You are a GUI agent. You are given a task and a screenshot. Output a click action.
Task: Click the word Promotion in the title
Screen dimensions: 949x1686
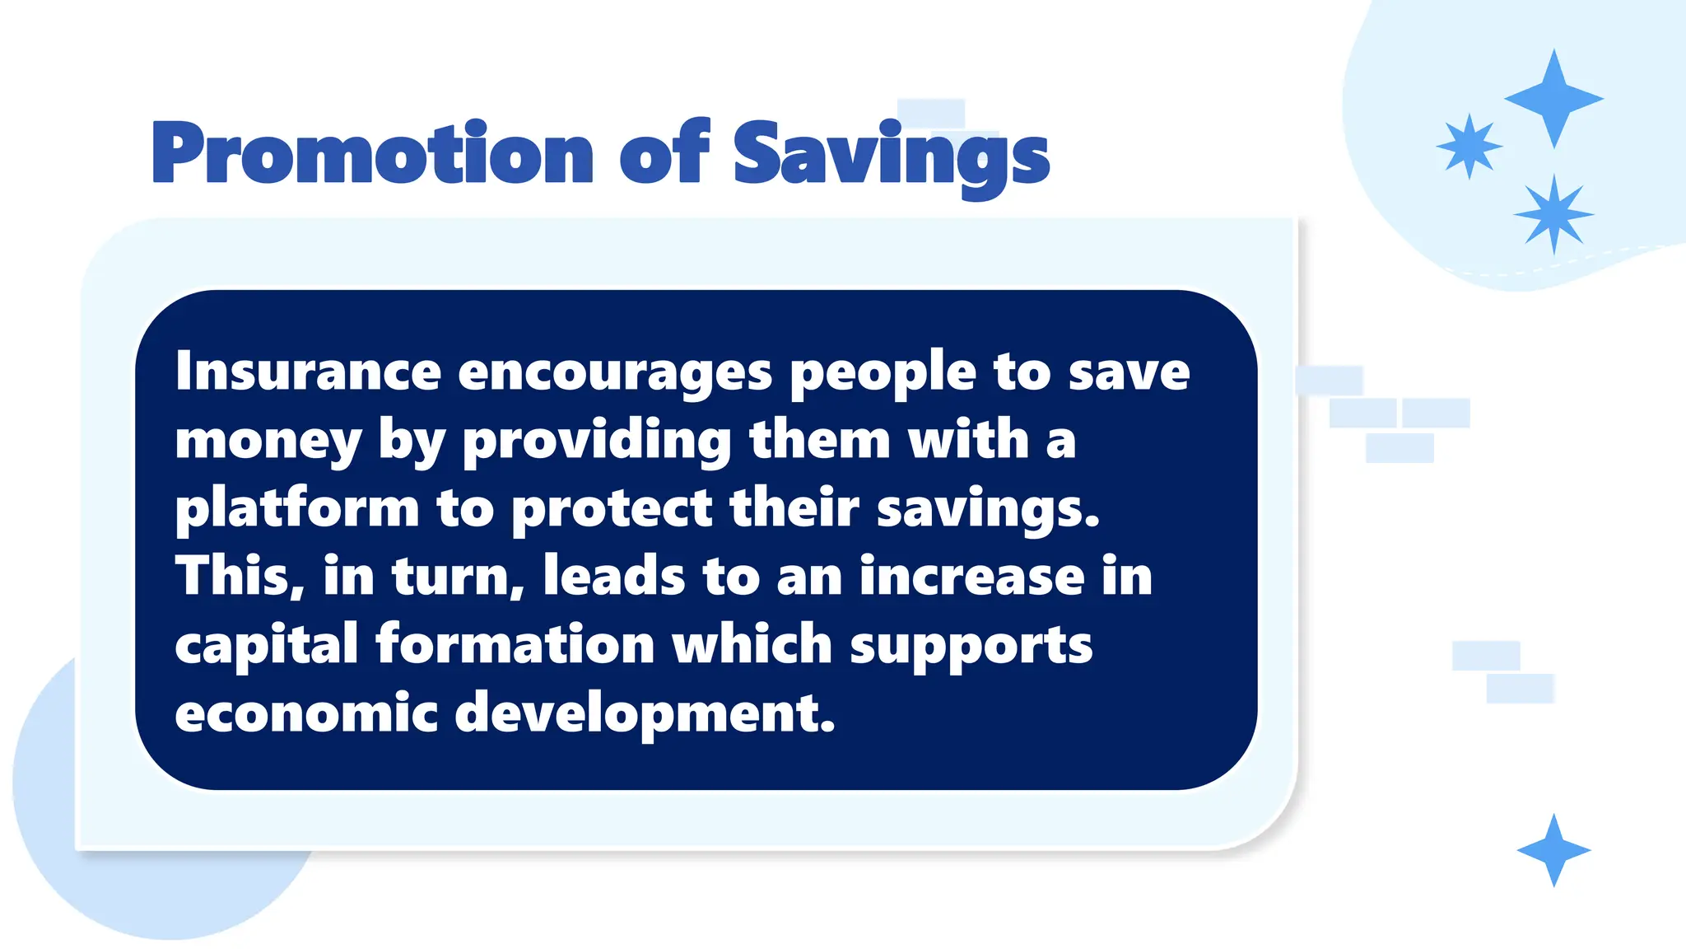[x=372, y=154]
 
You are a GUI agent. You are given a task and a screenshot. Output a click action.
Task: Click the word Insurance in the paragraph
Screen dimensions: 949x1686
[x=308, y=372]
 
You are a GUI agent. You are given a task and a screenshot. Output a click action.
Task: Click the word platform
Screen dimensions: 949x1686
[x=296, y=510]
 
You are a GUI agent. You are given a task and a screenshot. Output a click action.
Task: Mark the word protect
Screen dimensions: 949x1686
[x=612, y=510]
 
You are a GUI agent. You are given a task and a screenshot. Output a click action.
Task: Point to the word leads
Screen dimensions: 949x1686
[x=614, y=576]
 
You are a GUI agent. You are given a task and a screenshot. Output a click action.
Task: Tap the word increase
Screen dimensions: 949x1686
[x=972, y=576]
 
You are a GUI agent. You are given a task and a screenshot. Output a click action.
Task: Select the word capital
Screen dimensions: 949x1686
[x=266, y=646]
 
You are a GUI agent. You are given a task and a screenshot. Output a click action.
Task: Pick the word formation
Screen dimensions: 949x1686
[x=515, y=644]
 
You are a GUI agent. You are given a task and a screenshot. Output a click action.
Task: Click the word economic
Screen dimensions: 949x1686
[x=305, y=713]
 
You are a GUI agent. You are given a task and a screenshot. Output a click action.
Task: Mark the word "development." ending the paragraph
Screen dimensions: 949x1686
[x=645, y=714]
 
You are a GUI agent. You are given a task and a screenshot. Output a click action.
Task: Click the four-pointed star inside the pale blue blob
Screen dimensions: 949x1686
[x=1553, y=99]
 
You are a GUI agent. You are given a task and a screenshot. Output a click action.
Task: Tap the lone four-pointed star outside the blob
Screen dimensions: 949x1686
[x=1553, y=850]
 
